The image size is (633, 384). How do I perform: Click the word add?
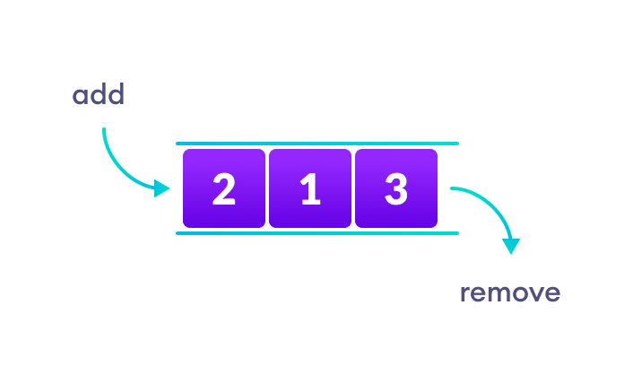(99, 95)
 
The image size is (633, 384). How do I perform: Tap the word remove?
(510, 292)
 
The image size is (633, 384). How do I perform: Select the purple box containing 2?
(224, 188)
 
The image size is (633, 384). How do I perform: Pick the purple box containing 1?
(310, 188)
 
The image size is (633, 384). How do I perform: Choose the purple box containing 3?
(396, 188)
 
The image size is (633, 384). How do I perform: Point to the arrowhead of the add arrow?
(162, 188)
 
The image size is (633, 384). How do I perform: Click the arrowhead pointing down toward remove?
(511, 245)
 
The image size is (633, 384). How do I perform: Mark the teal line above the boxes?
(317, 144)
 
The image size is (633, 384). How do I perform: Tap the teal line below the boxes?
(317, 233)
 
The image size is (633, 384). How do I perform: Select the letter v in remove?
(535, 294)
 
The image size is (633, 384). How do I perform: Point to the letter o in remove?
(519, 294)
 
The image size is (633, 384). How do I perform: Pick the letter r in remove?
(465, 294)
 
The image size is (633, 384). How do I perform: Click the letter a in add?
(81, 96)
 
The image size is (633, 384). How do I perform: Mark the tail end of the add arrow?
(104, 129)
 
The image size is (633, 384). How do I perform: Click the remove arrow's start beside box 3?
(452, 188)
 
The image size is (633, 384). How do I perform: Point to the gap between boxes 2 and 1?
(267, 188)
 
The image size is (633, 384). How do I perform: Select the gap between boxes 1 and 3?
(353, 188)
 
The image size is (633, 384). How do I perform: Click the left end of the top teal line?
(178, 144)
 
